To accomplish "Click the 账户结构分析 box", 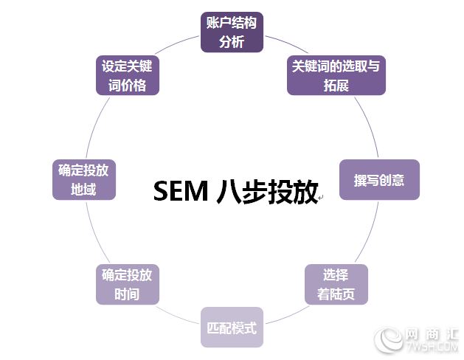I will (232, 32).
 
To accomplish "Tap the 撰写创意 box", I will (378, 180).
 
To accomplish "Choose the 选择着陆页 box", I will (336, 285).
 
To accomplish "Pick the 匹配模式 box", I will (232, 327).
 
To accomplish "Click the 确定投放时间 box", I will (127, 285).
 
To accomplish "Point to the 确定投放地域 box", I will (83, 180).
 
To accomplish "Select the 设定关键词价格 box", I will (127, 75).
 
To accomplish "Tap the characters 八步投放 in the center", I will (267, 191).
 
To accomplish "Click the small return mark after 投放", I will (320, 197).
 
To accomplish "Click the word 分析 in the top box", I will (232, 41).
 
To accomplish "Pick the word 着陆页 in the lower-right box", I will (336, 294).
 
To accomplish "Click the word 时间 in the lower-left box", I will (127, 294).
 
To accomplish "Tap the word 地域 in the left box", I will (83, 190).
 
